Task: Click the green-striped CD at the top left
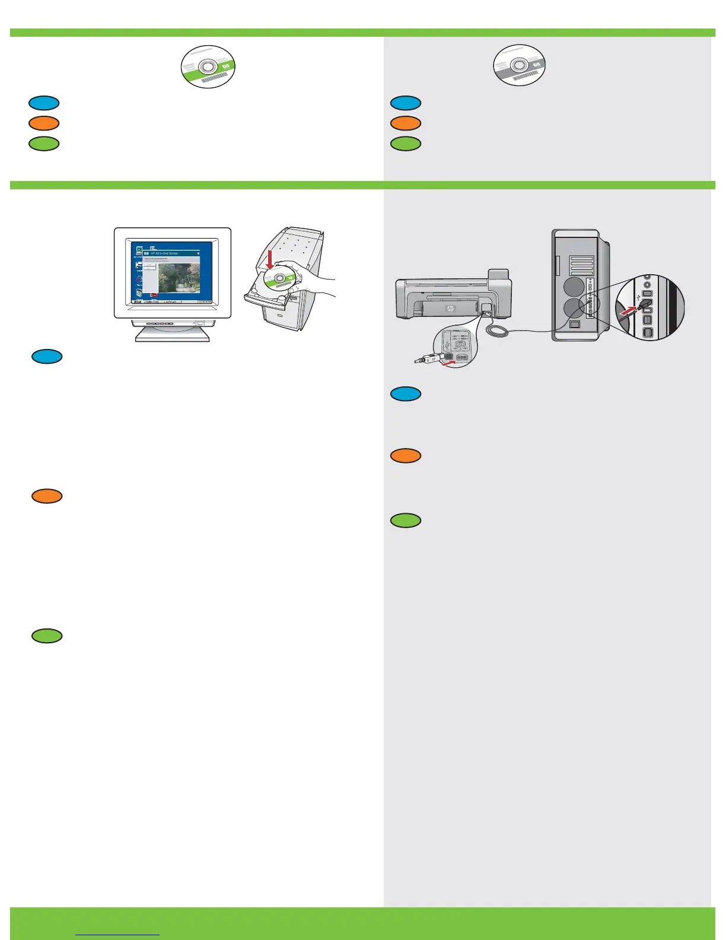click(208, 66)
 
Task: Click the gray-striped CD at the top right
click(520, 65)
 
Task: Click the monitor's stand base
click(173, 334)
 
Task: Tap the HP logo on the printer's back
click(449, 309)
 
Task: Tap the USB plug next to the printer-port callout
click(425, 358)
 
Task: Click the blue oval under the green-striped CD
click(44, 103)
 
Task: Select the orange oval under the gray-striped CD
click(406, 123)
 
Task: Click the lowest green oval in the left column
click(47, 636)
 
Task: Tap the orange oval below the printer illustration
click(406, 456)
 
